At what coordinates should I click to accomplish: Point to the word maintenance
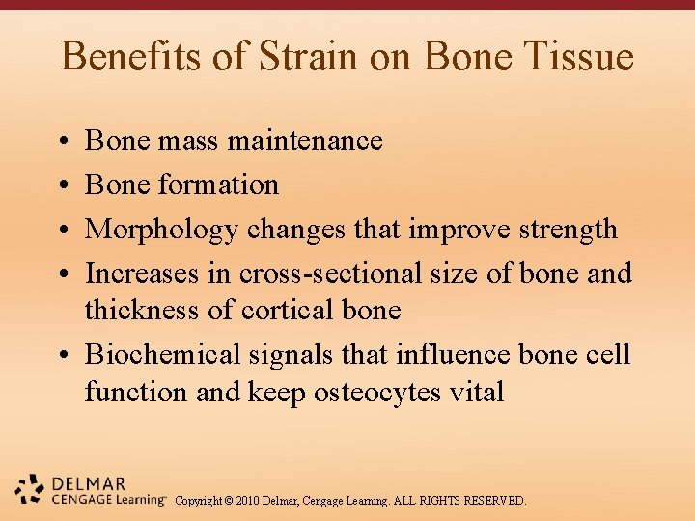click(305, 141)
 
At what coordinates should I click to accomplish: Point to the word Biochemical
click(163, 354)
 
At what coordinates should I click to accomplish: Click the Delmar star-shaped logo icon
click(30, 490)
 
